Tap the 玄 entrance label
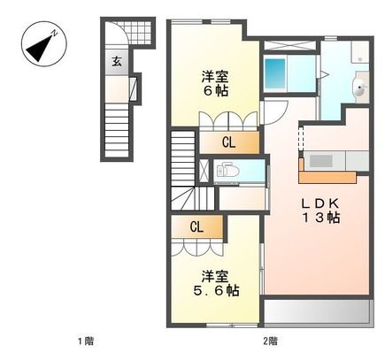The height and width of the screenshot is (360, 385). coord(117,61)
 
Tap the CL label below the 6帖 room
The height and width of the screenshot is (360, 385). coord(228,142)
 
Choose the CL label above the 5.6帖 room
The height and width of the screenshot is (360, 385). coord(196,227)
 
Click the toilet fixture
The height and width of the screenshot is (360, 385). coord(225,170)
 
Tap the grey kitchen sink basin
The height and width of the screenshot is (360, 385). coord(320,161)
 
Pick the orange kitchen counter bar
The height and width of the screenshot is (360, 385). coord(327,176)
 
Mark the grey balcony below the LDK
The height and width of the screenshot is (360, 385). coord(317,311)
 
